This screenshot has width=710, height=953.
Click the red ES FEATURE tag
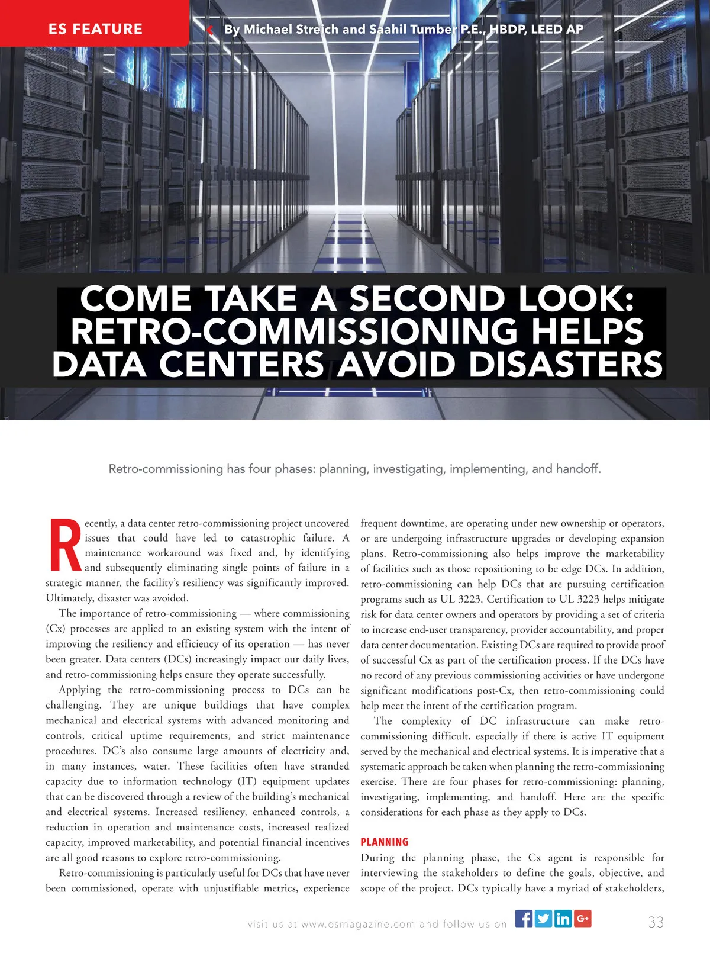(x=95, y=28)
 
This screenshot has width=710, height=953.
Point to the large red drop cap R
(x=64, y=545)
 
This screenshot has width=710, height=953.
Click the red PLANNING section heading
(x=385, y=842)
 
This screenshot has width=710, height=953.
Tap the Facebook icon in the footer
(x=524, y=918)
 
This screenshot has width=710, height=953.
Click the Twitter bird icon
(x=543, y=918)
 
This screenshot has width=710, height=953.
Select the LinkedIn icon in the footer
(x=563, y=918)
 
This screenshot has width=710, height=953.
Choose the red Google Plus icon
(x=582, y=918)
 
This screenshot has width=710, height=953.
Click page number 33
(x=656, y=922)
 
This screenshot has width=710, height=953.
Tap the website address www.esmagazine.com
(x=358, y=924)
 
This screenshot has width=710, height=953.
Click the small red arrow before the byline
(x=211, y=30)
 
